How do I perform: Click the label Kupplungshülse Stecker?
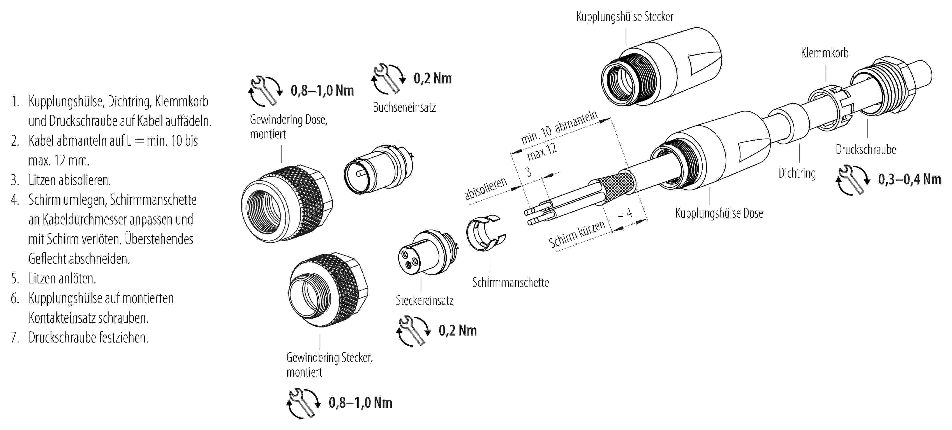point(625,17)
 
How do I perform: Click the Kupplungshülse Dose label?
point(719,213)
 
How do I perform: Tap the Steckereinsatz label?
point(424,301)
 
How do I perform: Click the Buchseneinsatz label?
point(404,107)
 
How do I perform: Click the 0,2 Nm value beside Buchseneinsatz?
point(432,79)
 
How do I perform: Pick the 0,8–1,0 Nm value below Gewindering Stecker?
point(360,403)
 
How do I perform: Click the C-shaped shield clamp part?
point(485,233)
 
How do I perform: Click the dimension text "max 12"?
point(541,152)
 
